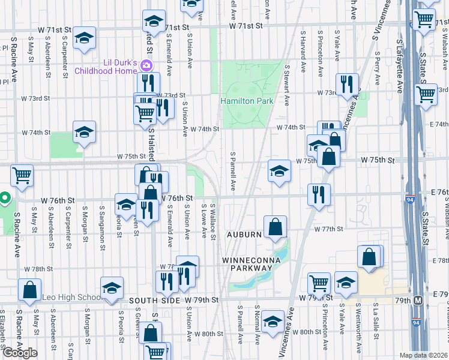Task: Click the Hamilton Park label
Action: tap(247, 101)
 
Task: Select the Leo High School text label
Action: tap(71, 298)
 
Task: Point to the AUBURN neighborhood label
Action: tap(244, 234)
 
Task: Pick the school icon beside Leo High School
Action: tap(112, 288)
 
